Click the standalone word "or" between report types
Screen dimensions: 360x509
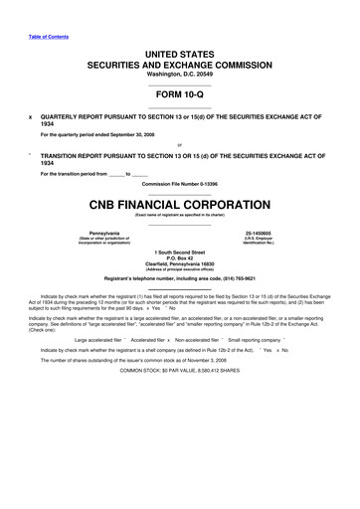pyautogui.click(x=179, y=141)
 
